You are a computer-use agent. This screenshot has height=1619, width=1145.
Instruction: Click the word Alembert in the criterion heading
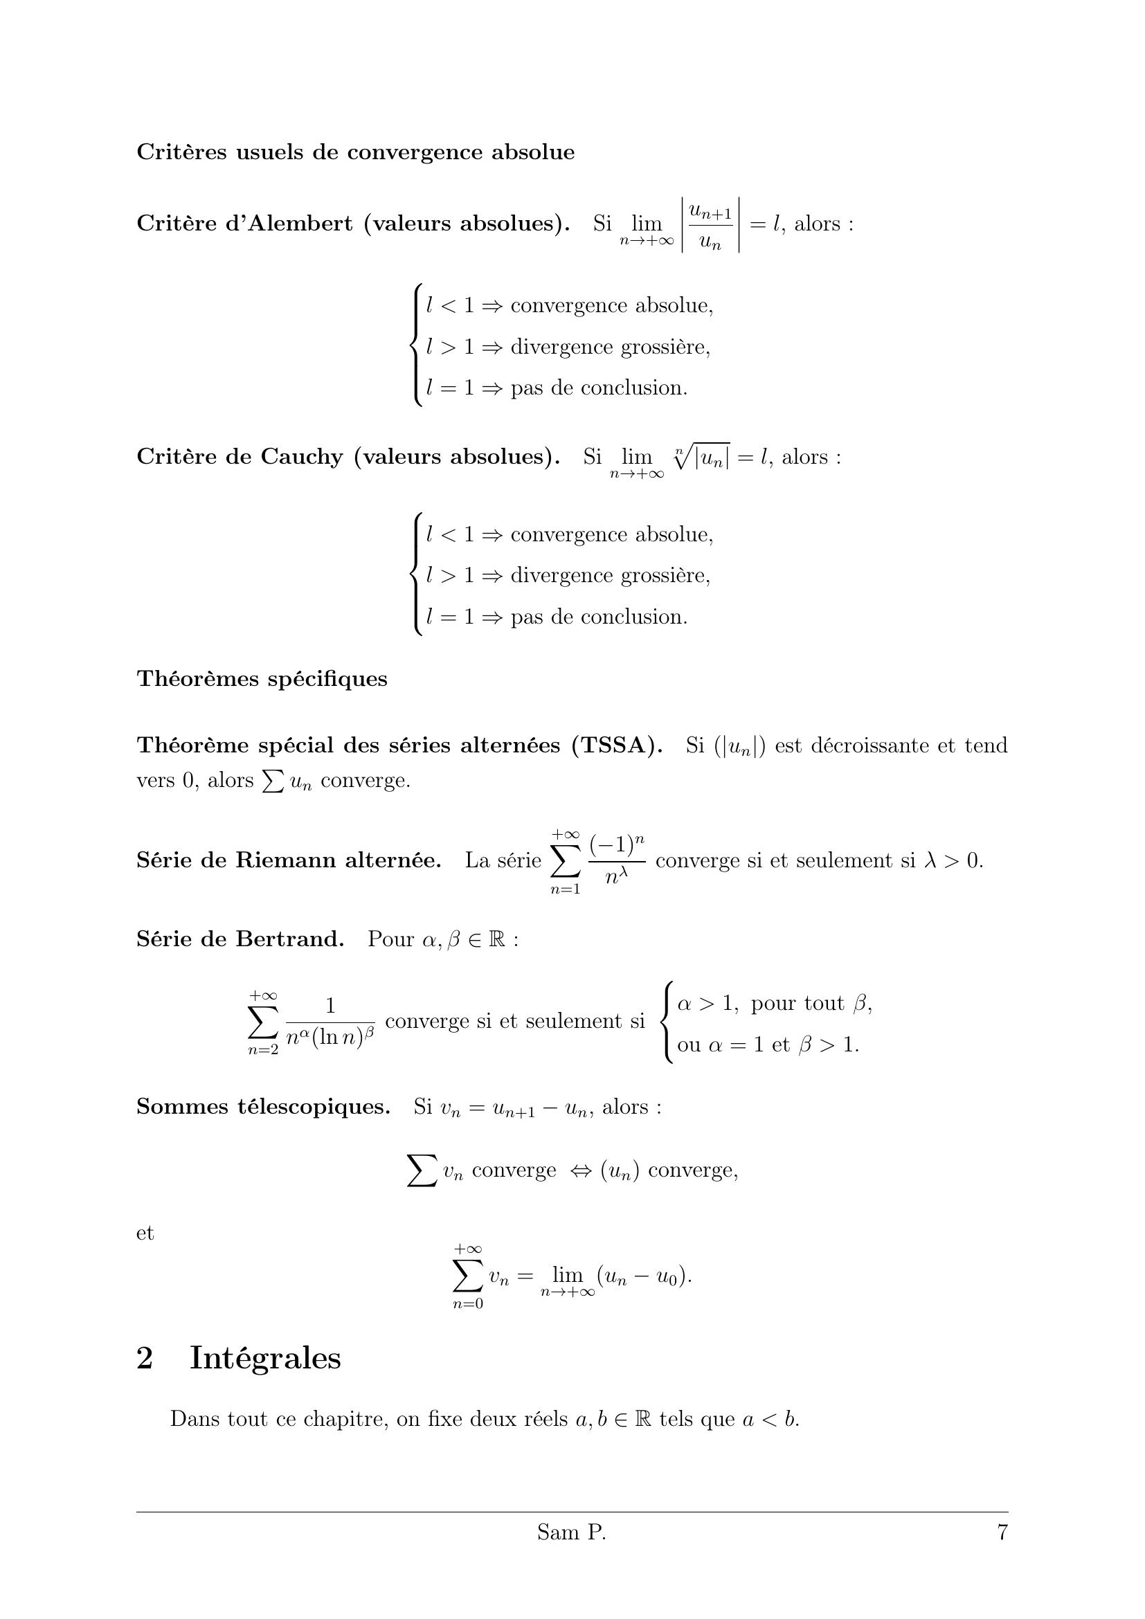(x=294, y=224)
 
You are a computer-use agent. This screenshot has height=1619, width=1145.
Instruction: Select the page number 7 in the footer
(x=1002, y=1552)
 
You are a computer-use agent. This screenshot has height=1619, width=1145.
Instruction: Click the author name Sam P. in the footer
(x=571, y=1552)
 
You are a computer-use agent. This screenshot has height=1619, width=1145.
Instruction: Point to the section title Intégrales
(x=265, y=1358)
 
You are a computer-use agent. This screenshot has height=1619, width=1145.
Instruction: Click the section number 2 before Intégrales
(x=145, y=1358)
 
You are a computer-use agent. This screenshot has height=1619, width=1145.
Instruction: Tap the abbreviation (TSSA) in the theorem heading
(x=617, y=745)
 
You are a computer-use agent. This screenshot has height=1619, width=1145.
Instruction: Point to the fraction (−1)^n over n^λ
(x=617, y=860)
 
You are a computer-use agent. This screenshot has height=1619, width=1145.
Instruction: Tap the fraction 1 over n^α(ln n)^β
(x=330, y=1022)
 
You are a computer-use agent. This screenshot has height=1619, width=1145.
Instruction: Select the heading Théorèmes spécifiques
(x=262, y=679)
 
